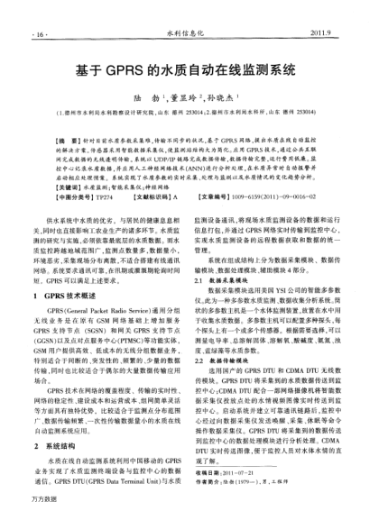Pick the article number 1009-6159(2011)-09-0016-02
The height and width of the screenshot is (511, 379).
coord(291,196)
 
